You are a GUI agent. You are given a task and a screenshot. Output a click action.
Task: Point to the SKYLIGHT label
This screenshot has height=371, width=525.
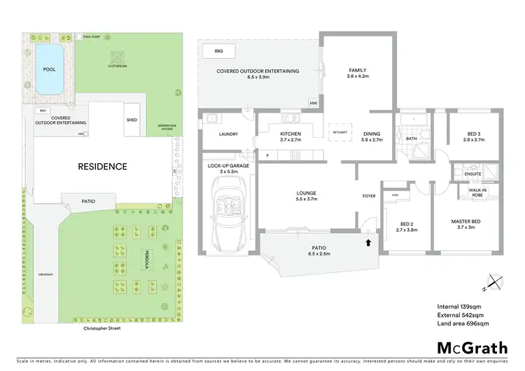tap(339, 132)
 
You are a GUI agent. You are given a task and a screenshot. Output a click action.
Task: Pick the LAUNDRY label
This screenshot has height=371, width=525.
tap(229, 135)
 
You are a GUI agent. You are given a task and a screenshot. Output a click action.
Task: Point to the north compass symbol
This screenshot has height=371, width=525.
tap(493, 284)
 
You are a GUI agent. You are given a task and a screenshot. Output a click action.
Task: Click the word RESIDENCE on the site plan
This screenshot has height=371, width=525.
tap(102, 167)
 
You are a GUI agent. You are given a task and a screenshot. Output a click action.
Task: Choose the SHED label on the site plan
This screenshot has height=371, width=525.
tap(132, 120)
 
